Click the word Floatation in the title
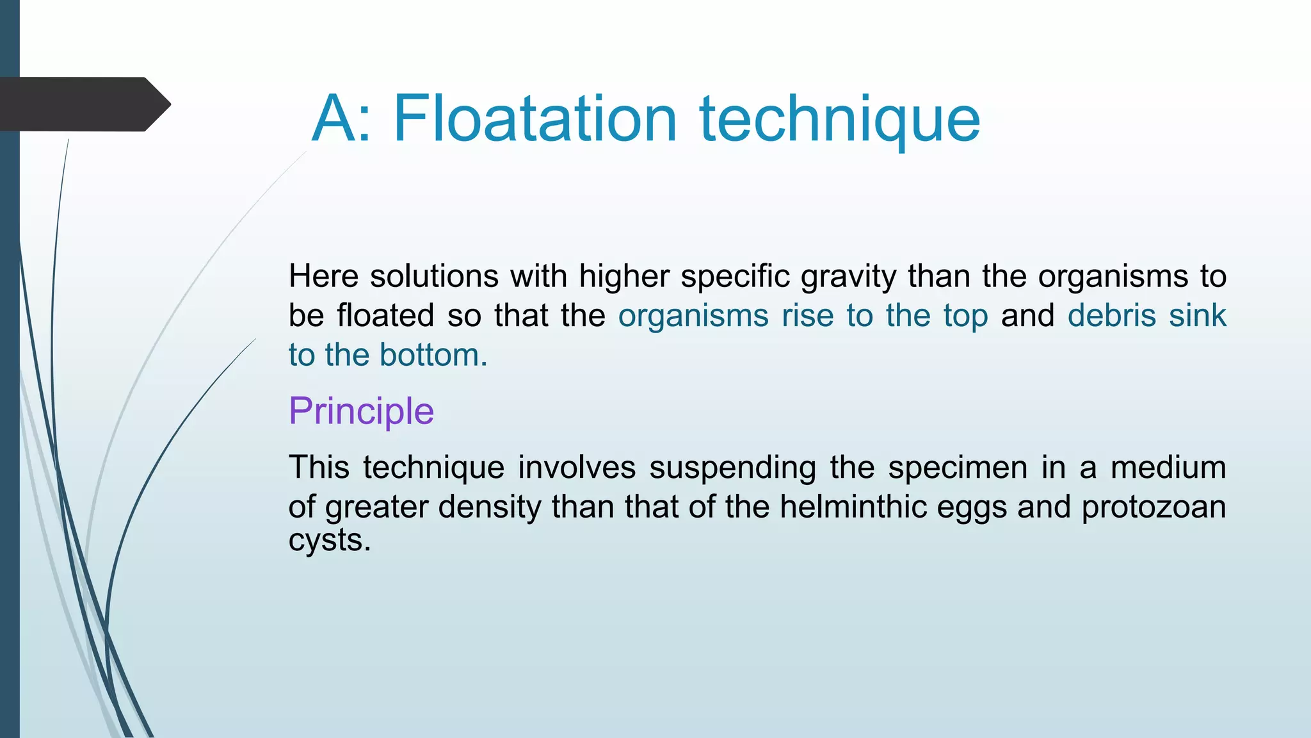pos(535,119)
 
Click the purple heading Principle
pos(361,411)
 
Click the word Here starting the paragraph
pos(323,276)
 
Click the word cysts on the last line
pos(329,540)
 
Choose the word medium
pos(1168,467)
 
